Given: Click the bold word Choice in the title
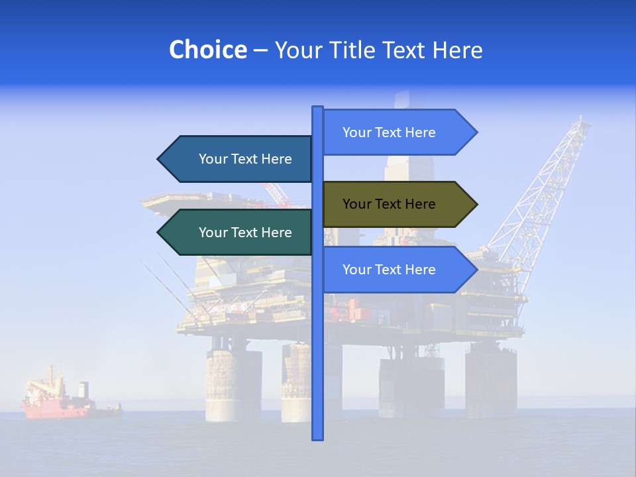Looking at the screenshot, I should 207,50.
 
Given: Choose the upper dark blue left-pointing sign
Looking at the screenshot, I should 238,159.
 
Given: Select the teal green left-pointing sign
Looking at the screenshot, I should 238,233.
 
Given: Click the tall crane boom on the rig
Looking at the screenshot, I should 543,192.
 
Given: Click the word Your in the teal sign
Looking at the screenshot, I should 213,233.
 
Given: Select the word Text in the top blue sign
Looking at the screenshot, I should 387,132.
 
